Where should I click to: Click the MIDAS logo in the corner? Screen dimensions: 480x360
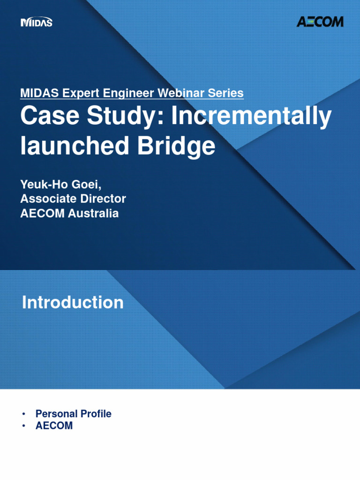(37, 22)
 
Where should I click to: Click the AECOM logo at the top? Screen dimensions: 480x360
(320, 22)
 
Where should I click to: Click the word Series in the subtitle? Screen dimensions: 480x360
(226, 93)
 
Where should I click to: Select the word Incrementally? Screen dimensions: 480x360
(251, 117)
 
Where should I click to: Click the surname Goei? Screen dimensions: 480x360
(87, 183)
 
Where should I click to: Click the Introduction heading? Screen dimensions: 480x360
(73, 302)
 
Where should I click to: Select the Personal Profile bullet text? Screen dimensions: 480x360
(74, 414)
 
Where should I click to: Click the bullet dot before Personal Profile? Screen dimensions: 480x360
(23, 414)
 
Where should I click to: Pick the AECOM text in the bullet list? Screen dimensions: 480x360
(54, 426)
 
